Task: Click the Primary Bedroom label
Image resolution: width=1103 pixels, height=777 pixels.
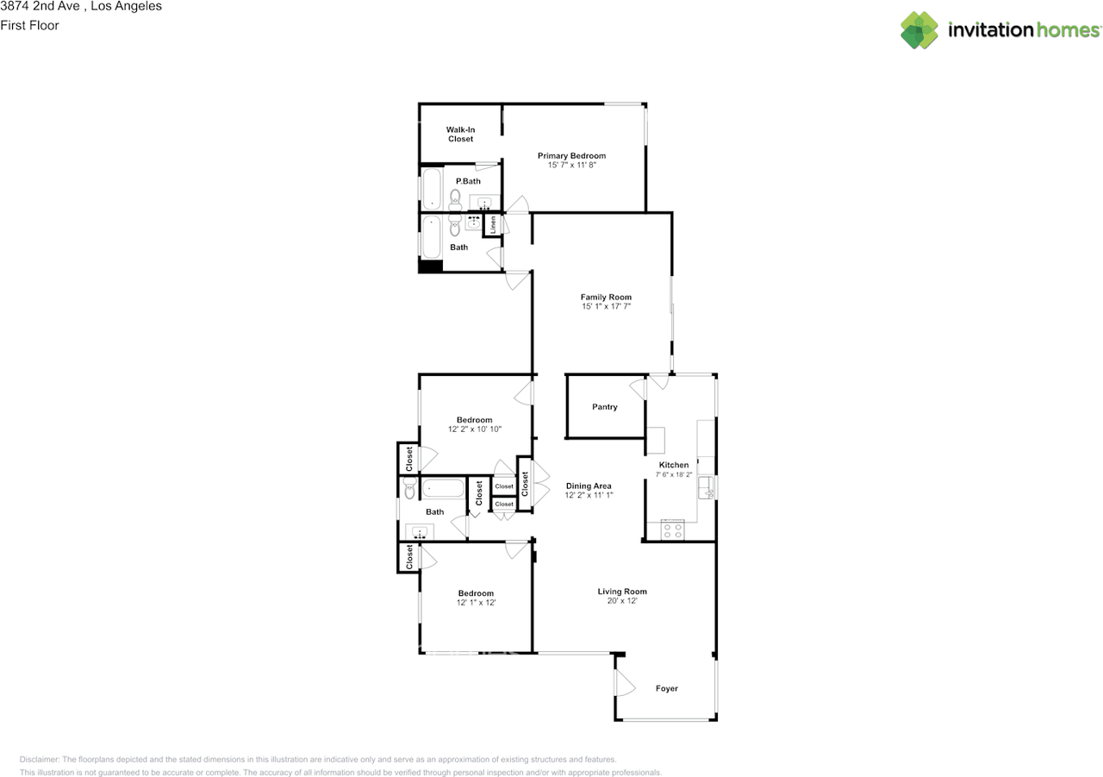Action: [x=571, y=156]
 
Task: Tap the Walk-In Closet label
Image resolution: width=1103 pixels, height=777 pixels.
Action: [x=460, y=134]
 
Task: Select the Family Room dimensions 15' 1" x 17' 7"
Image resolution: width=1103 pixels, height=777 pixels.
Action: [x=606, y=306]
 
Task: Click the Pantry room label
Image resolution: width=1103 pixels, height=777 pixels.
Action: [x=605, y=407]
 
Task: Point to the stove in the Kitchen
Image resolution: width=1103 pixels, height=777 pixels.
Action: [x=673, y=530]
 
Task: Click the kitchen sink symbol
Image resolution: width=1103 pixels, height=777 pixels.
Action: [x=706, y=488]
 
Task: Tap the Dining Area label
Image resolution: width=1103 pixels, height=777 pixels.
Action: [x=589, y=486]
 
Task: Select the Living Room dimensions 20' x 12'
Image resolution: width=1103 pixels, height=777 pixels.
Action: [x=622, y=601]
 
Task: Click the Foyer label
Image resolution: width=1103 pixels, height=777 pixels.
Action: [x=667, y=688]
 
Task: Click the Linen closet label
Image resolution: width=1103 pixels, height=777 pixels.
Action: [x=493, y=224]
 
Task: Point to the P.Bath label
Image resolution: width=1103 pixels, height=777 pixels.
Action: [x=468, y=181]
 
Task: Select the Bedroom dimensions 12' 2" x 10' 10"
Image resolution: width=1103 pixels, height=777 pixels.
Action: [x=474, y=429]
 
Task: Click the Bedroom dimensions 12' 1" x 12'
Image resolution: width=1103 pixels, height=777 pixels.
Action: [x=476, y=603]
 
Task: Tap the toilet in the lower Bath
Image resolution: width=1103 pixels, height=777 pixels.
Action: [x=409, y=489]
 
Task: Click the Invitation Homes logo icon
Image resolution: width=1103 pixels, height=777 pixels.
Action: [x=919, y=30]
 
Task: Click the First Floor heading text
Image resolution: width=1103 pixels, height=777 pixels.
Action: [x=29, y=26]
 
